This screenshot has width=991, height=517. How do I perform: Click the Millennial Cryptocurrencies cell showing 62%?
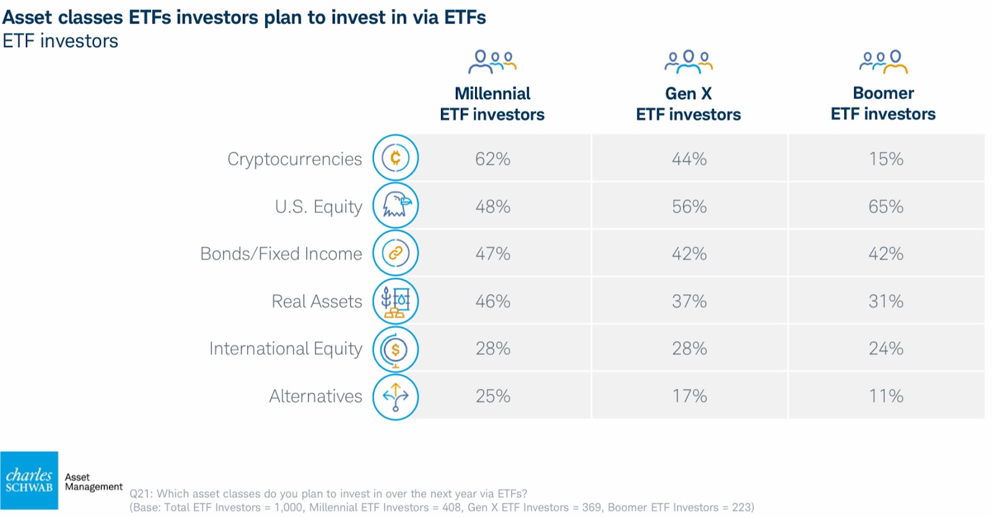[x=492, y=159]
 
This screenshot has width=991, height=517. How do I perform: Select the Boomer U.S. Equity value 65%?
[x=886, y=207]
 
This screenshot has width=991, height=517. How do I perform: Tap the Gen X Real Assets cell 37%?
[x=689, y=301]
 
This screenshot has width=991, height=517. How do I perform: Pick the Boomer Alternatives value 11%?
[x=886, y=396]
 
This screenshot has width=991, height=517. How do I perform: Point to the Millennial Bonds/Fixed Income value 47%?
[x=492, y=254]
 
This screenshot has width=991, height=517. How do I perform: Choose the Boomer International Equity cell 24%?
[x=886, y=349]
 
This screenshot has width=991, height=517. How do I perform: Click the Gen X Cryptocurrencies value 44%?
[x=689, y=159]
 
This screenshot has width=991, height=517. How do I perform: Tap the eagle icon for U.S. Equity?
[x=396, y=206]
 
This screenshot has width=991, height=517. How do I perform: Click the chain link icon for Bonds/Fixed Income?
[x=396, y=253]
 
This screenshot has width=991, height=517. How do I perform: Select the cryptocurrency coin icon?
[x=396, y=158]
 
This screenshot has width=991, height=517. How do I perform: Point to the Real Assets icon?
[x=396, y=301]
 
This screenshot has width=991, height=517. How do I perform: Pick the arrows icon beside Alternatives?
[x=396, y=397]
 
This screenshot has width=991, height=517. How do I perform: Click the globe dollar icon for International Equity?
[x=396, y=349]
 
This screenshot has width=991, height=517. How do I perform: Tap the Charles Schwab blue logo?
[x=29, y=480]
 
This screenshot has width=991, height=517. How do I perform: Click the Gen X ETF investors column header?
[x=688, y=104]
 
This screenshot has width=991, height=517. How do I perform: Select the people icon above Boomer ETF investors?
[x=883, y=62]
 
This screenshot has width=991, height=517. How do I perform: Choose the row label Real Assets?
[x=317, y=301]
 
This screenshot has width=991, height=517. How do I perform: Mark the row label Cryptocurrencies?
[x=295, y=159]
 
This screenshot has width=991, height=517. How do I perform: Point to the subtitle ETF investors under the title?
[x=61, y=41]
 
